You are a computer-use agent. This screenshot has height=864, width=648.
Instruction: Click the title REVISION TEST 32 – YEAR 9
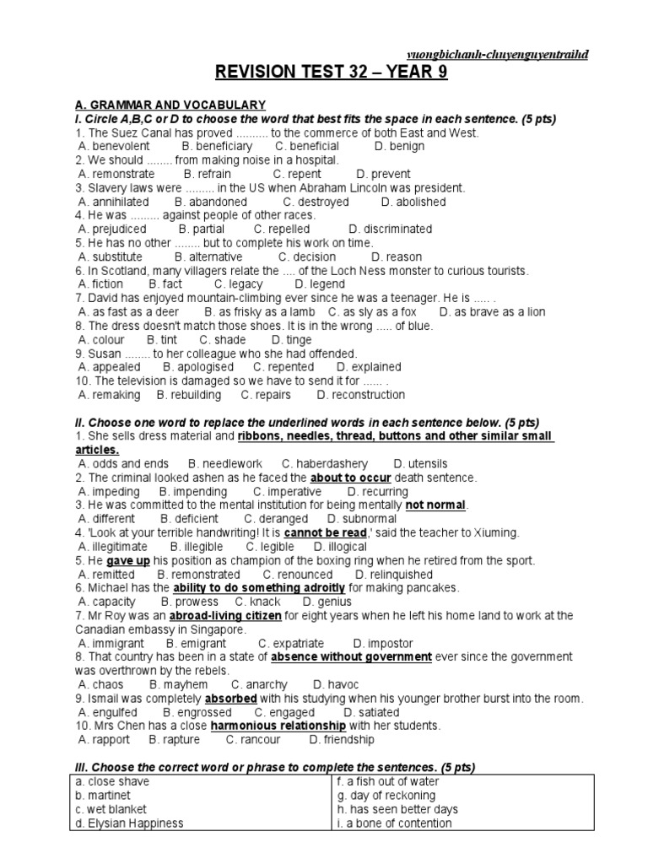click(x=330, y=73)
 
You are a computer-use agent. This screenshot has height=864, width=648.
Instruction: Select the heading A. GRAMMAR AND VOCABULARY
click(x=170, y=105)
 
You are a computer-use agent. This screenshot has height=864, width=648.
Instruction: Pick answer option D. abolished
click(x=414, y=202)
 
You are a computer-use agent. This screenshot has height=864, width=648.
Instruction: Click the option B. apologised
click(x=197, y=367)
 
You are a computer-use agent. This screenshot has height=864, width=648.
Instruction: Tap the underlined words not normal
click(x=435, y=505)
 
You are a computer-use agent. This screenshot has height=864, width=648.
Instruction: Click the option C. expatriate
click(x=290, y=643)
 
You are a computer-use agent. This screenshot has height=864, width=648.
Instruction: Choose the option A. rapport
click(x=104, y=739)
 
